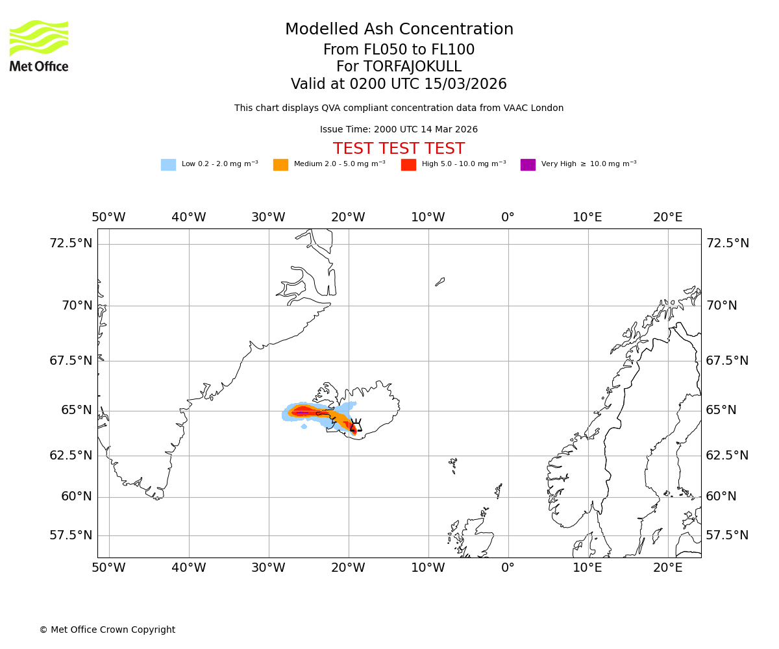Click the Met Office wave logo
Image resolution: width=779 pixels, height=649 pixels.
pos(39,38)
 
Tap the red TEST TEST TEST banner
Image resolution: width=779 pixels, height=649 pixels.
pos(399,149)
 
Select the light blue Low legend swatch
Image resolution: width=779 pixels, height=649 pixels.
pos(168,165)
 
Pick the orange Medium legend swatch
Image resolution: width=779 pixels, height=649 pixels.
pos(280,165)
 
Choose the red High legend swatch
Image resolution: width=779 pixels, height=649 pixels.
pos(408,165)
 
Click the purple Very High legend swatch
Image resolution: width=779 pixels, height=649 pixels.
pos(528,165)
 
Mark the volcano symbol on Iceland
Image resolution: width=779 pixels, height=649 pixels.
pos(356,426)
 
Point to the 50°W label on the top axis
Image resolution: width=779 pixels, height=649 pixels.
pos(108,217)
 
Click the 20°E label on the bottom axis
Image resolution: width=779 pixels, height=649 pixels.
pos(667,568)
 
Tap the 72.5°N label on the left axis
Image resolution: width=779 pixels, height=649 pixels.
pos(71,243)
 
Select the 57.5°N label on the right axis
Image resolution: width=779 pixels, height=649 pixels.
pos(727,535)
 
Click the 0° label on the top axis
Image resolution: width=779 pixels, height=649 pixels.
pos(508,217)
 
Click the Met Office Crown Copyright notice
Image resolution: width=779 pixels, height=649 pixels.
pos(107,630)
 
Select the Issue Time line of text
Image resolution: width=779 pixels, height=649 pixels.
pos(399,129)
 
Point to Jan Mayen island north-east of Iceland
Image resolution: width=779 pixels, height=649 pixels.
pos(440,282)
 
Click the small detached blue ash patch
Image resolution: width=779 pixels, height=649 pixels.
pos(304,426)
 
